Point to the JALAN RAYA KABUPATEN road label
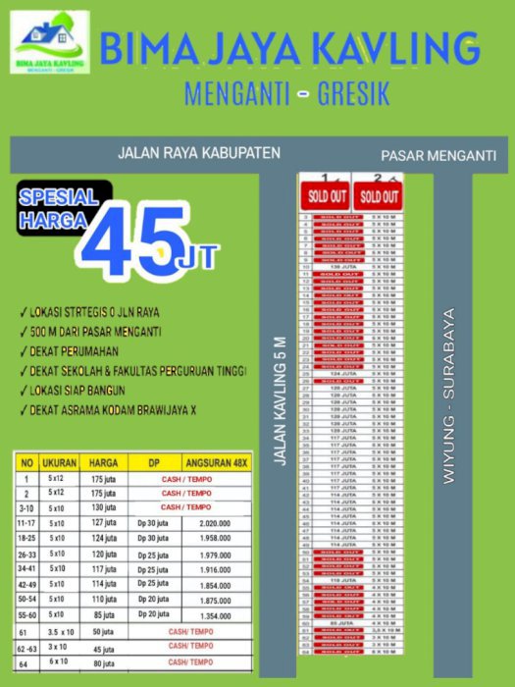198,153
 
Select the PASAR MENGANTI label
438,156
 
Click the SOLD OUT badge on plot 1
328,194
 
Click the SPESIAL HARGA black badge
60,207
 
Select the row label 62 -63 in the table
26,649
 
